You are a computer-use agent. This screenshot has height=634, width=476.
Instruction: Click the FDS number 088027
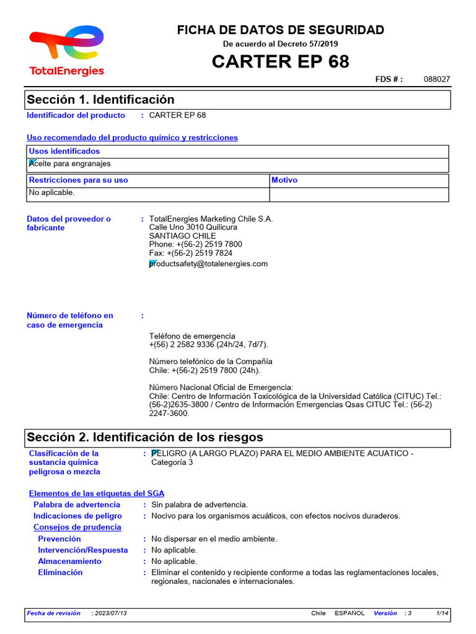[x=437, y=79]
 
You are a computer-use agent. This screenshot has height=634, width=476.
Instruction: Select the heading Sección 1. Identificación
[x=100, y=100]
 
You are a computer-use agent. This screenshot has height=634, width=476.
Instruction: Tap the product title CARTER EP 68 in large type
[x=280, y=61]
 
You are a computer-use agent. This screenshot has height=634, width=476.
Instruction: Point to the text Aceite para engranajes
[x=70, y=164]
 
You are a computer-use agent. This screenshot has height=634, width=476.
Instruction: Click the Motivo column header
[x=284, y=180]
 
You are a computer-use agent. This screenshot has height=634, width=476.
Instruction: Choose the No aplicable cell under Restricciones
[x=52, y=193]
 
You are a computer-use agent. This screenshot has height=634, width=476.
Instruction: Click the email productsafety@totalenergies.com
[x=209, y=264]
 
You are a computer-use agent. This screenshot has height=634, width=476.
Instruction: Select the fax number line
[x=191, y=253]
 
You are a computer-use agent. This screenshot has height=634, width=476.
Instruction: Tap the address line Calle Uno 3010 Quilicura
[x=193, y=227]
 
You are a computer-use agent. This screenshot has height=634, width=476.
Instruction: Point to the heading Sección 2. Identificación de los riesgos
[x=145, y=438]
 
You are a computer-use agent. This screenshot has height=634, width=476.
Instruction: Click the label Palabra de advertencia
[x=77, y=505]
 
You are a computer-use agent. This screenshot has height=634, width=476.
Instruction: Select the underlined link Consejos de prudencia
[x=77, y=528]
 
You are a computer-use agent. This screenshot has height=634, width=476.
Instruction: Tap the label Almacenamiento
[x=70, y=562]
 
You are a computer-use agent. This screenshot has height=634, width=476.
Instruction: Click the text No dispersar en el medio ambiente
[x=214, y=539]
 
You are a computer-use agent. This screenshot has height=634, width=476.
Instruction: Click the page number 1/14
[x=443, y=613]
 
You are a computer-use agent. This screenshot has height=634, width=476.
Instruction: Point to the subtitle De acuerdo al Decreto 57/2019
[x=281, y=44]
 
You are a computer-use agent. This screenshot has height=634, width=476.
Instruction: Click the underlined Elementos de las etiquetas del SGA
[x=97, y=493]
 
